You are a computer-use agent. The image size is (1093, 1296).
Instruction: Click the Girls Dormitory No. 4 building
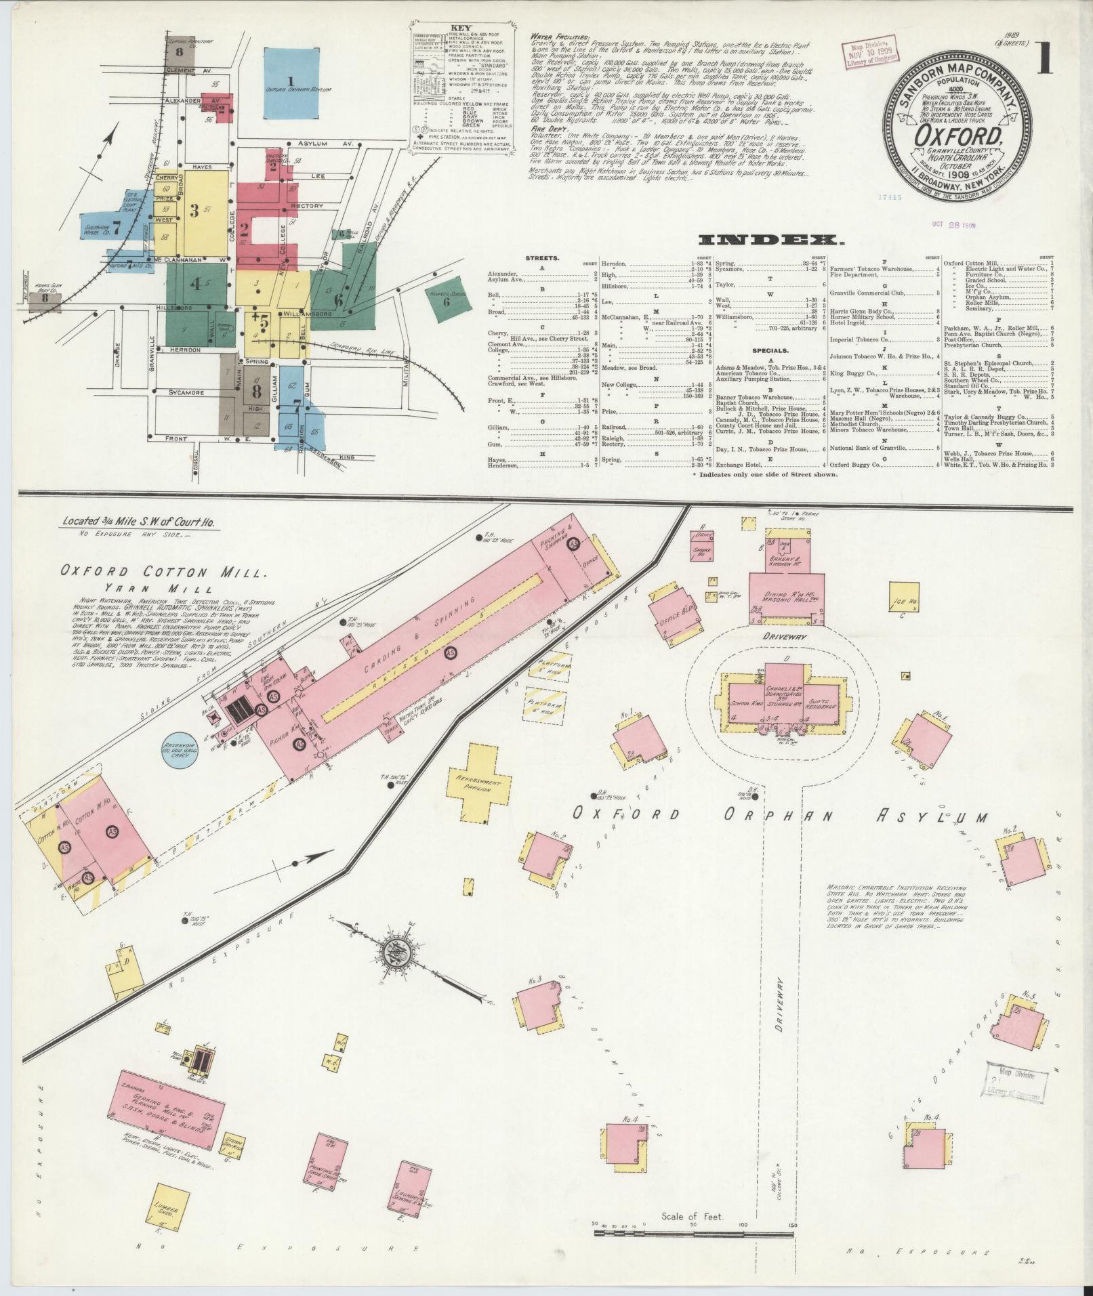[x=925, y=1148]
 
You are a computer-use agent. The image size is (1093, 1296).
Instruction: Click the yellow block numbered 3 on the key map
[x=195, y=211]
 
